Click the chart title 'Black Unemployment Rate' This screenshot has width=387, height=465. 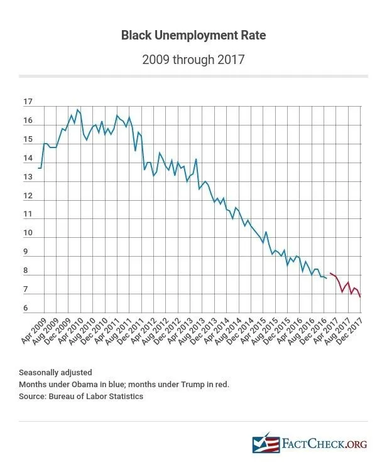(x=193, y=36)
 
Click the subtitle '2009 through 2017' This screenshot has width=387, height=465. (x=193, y=60)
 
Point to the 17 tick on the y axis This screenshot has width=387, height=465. (x=27, y=102)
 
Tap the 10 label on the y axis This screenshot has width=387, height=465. (x=27, y=233)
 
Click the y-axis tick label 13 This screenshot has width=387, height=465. (x=27, y=177)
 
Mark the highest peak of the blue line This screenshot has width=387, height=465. (x=77, y=110)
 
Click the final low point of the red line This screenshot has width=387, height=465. (x=360, y=297)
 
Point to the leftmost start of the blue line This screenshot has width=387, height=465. (x=39, y=168)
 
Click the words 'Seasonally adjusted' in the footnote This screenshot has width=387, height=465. (x=55, y=371)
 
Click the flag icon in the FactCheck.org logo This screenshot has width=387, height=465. (x=265, y=444)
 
